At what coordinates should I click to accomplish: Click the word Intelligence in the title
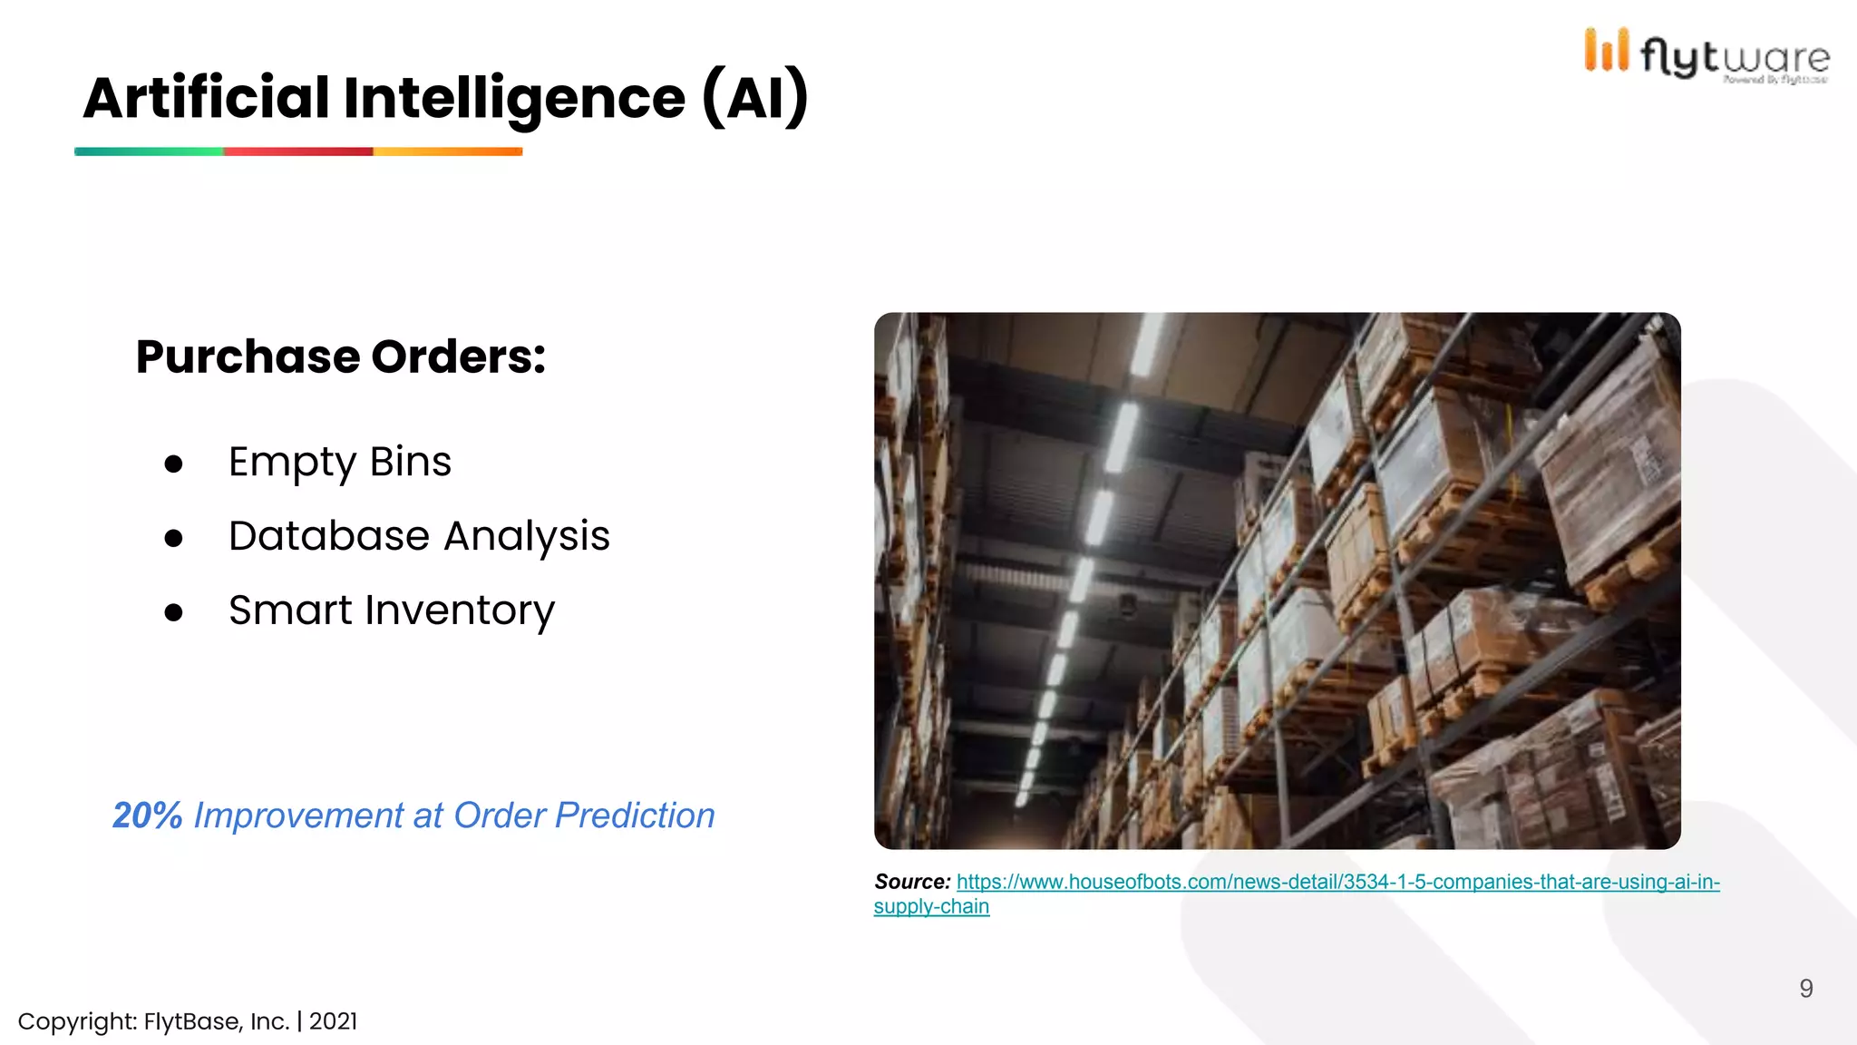point(514,98)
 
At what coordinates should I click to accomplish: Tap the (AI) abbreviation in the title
point(754,98)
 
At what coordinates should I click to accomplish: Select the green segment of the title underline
point(149,151)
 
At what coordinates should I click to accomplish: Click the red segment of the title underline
point(298,151)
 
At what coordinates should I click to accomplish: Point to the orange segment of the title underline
point(448,151)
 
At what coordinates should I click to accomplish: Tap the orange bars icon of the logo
point(1606,50)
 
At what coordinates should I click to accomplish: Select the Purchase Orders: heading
point(341,356)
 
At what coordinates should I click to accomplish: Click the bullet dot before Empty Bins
point(174,464)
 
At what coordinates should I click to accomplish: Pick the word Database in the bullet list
point(328,536)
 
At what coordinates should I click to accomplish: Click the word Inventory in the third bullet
point(460,610)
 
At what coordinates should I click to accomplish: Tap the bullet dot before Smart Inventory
point(174,613)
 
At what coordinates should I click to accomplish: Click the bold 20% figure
point(147,815)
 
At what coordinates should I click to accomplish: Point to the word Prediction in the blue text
point(635,815)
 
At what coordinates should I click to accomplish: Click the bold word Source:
point(912,882)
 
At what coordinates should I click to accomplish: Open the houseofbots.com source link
point(1337,882)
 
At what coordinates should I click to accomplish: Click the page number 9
point(1806,989)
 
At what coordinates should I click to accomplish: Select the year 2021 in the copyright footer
point(334,1021)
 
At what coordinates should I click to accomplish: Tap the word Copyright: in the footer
point(77,1021)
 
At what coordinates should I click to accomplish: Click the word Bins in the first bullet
point(411,462)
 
